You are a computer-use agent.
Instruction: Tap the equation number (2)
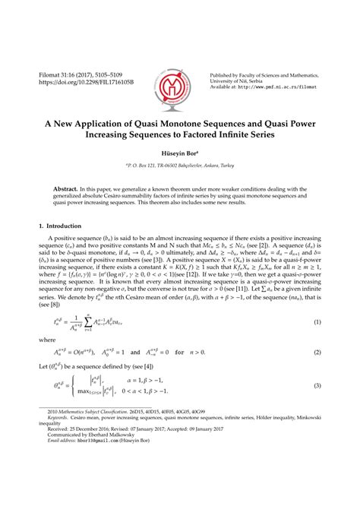point(317,354)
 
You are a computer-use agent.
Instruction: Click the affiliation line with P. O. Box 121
point(179,163)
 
